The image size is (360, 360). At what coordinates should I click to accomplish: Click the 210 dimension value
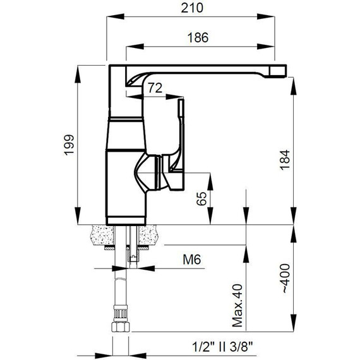tap(192, 8)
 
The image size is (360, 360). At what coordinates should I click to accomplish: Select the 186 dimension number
tap(198, 38)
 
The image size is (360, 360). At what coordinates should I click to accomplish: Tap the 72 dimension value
tap(155, 88)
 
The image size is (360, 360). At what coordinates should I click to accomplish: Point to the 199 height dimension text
tap(69, 145)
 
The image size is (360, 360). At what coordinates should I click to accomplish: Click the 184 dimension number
tap(285, 160)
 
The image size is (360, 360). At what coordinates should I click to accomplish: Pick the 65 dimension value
tap(202, 198)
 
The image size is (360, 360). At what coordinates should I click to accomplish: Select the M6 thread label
tap(192, 260)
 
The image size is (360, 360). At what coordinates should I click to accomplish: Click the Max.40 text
tap(237, 306)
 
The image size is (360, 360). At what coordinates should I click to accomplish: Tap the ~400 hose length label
tap(285, 279)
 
